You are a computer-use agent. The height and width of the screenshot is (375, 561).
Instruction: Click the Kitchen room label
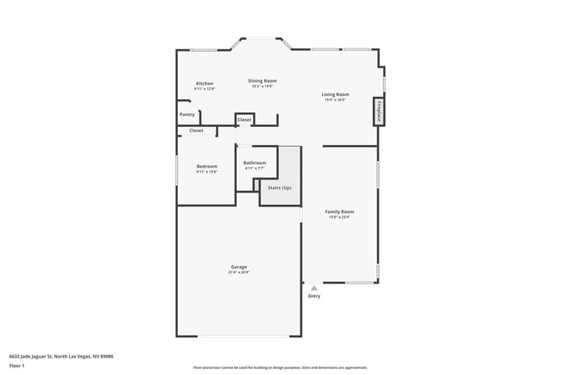pos(204,84)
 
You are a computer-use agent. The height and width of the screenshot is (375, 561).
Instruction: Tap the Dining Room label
pos(262,80)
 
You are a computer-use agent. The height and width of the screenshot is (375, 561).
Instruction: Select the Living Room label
pos(335,94)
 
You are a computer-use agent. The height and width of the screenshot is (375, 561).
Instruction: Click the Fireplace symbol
pos(378,112)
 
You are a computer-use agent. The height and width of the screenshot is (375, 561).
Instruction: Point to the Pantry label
pos(187,114)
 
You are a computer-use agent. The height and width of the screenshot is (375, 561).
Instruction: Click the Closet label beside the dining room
pos(244,119)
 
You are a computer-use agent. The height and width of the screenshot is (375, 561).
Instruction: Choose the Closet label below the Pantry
pos(196,130)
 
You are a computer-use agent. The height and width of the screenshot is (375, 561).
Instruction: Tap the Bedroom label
pos(206,166)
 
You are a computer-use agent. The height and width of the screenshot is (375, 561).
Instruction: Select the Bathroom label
pos(255,162)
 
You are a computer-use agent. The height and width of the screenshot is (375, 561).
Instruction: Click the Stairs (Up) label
pos(280,187)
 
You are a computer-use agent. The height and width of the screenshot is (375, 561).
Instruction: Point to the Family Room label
pos(339,212)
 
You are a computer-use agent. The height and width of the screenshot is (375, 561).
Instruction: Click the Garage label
pos(239,267)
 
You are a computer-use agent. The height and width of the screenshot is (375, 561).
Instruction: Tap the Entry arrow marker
pos(314,288)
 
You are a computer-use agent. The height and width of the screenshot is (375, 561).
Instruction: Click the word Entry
pos(314,296)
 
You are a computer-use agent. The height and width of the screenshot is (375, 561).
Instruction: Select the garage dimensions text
pos(239,273)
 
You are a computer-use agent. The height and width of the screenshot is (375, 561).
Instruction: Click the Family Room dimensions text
pos(339,218)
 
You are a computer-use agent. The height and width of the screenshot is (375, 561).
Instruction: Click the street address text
pos(62,356)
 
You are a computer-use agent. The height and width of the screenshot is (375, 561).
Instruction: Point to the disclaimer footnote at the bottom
pos(280,367)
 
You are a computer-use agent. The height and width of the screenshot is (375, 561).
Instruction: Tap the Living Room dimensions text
pos(335,100)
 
